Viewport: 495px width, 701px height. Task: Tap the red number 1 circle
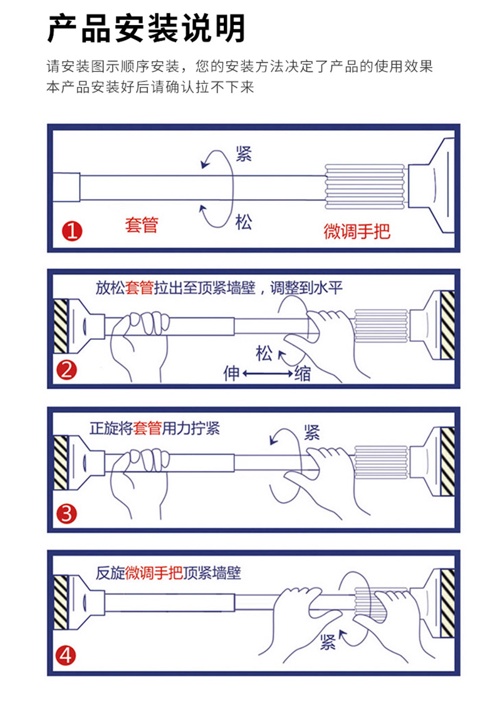[71, 231]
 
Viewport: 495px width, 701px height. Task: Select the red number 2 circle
[66, 371]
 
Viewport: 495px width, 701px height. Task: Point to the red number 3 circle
[66, 514]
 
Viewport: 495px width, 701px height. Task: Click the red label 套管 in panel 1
[142, 225]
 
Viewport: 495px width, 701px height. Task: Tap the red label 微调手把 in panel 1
[357, 231]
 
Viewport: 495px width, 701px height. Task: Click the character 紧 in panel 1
[244, 154]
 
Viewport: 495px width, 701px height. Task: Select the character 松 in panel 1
[244, 222]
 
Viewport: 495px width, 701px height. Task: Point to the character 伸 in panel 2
[232, 373]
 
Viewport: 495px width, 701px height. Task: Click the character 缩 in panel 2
[303, 373]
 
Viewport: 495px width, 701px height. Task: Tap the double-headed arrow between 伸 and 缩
[268, 373]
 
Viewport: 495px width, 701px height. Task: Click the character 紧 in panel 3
[312, 432]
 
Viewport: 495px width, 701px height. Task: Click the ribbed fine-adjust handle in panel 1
[364, 187]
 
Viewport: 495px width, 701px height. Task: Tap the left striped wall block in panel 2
[61, 326]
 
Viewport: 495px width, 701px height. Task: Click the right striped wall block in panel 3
[447, 462]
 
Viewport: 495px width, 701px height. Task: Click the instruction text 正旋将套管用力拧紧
[155, 429]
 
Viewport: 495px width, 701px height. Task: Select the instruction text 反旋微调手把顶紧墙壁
[169, 573]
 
